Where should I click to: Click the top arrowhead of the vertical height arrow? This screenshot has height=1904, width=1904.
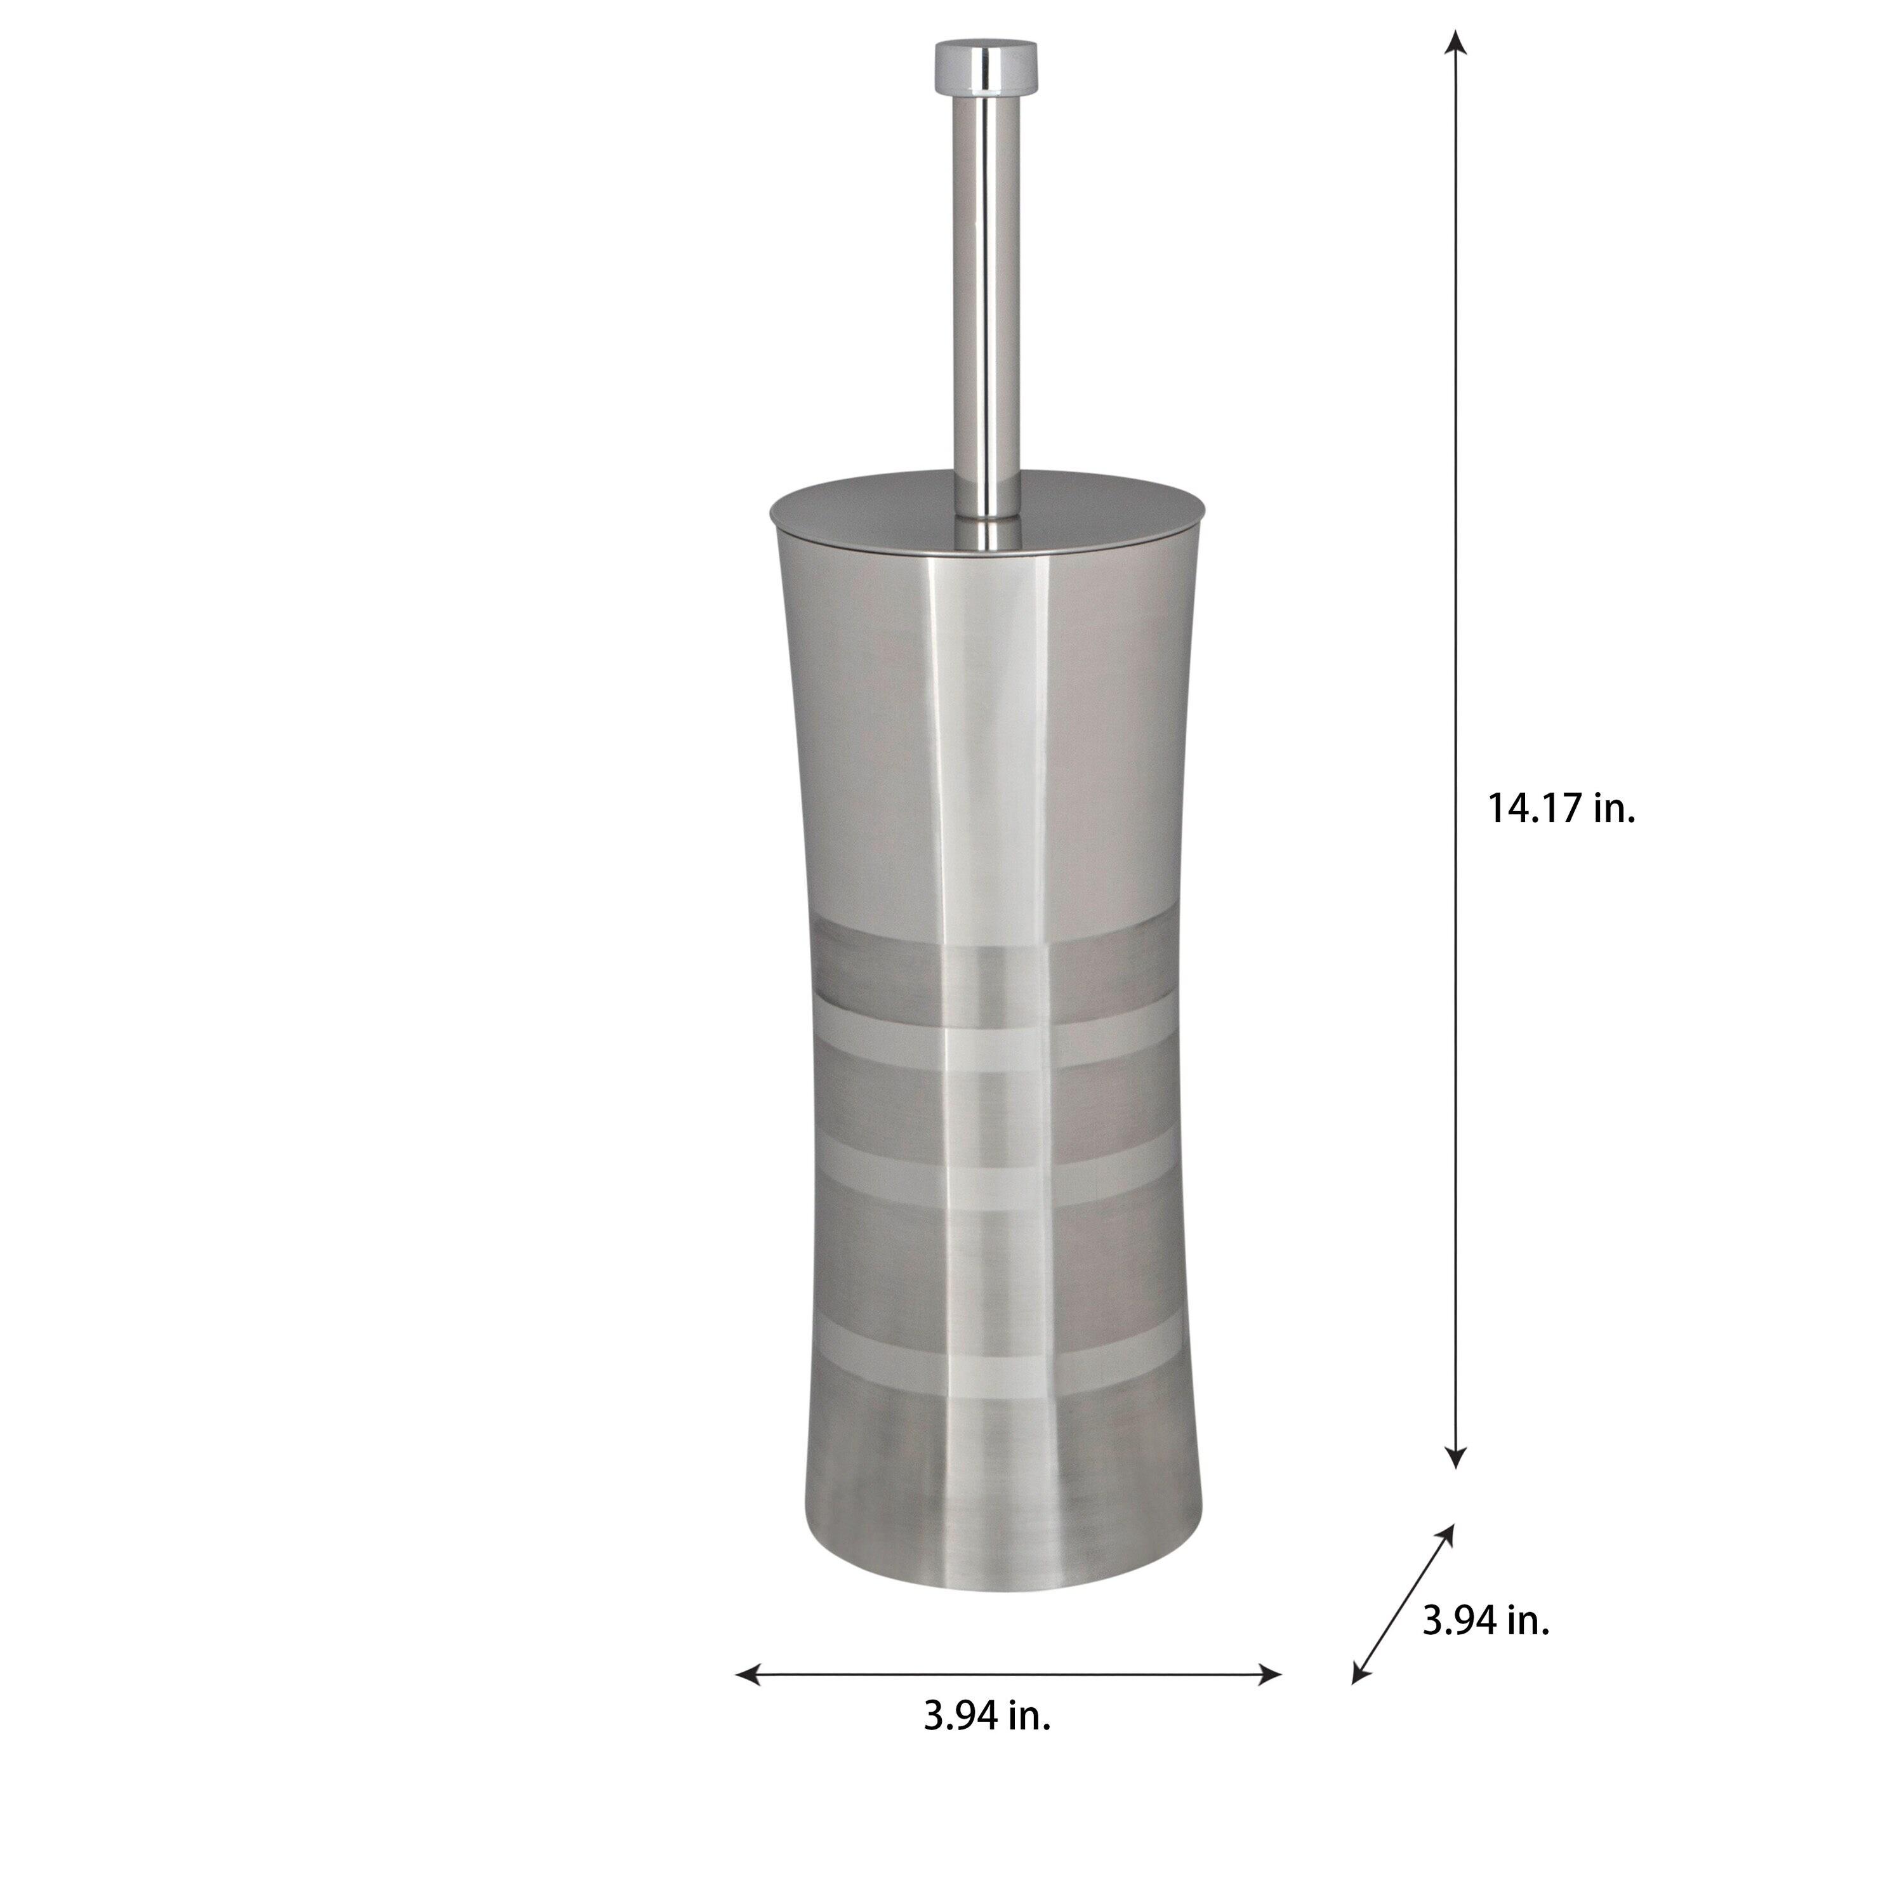pos(1455,41)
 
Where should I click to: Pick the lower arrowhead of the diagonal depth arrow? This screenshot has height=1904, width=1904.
pos(1360,1674)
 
